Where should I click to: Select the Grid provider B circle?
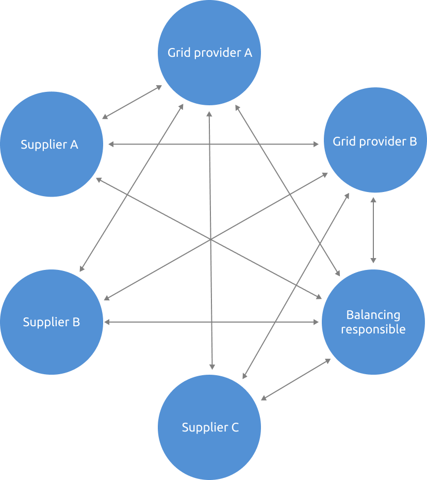click(375, 160)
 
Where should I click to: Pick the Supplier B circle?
click(52, 346)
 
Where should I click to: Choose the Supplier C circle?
click(209, 449)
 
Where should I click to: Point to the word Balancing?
click(373, 315)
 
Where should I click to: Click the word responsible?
click(373, 329)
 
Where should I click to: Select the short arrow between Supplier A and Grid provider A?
click(132, 102)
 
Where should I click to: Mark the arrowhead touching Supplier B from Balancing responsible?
click(107, 322)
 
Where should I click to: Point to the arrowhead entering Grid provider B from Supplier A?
click(316, 145)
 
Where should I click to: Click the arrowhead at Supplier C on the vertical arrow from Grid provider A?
click(212, 366)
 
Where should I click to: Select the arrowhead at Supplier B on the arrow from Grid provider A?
click(81, 268)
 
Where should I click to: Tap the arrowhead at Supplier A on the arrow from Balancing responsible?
click(98, 180)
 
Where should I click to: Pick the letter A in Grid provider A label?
click(248, 53)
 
